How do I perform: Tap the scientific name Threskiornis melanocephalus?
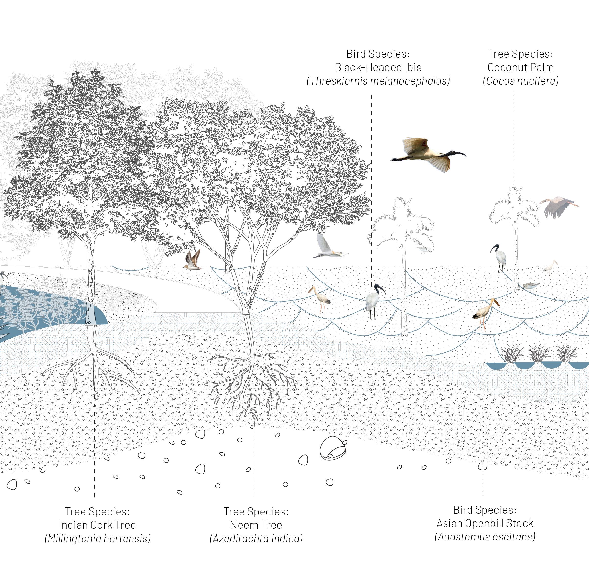pos(378,81)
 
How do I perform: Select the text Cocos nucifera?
pos(521,81)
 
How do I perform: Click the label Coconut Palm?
pos(521,67)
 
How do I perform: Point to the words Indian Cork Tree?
pos(97,525)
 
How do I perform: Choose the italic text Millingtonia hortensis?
pos(97,539)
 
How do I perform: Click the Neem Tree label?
pos(256,525)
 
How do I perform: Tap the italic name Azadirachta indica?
pos(256,539)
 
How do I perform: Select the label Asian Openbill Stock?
pos(485,523)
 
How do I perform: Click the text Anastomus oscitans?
pos(485,537)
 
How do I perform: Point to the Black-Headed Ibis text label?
pos(378,67)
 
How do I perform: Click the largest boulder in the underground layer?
pos(333,450)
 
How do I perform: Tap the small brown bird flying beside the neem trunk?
pos(193,260)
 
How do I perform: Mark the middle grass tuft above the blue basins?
pos(538,354)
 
